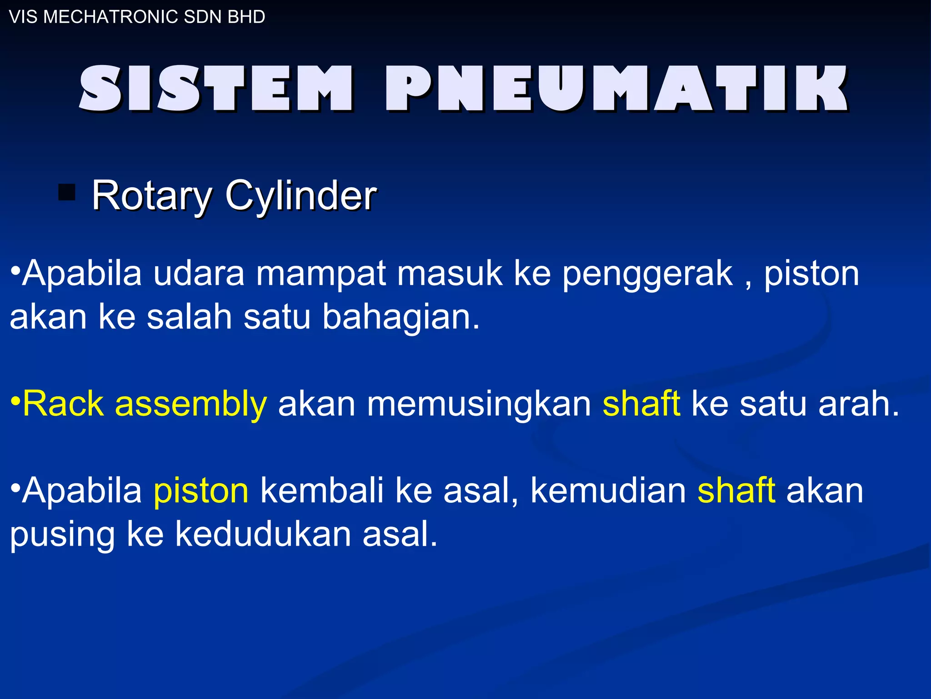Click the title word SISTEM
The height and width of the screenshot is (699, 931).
215,88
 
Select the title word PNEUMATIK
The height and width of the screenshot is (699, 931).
616,88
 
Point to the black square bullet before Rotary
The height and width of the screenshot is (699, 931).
67,192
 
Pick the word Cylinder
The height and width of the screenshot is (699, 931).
301,196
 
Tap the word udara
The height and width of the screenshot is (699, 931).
199,274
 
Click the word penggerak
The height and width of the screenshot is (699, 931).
647,274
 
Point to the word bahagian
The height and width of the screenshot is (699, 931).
400,317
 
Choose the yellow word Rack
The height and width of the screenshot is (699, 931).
63,403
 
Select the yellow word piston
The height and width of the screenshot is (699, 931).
201,491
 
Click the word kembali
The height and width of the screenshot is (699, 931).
322,491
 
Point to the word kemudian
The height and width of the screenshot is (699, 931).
608,491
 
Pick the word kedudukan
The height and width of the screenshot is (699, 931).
263,534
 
